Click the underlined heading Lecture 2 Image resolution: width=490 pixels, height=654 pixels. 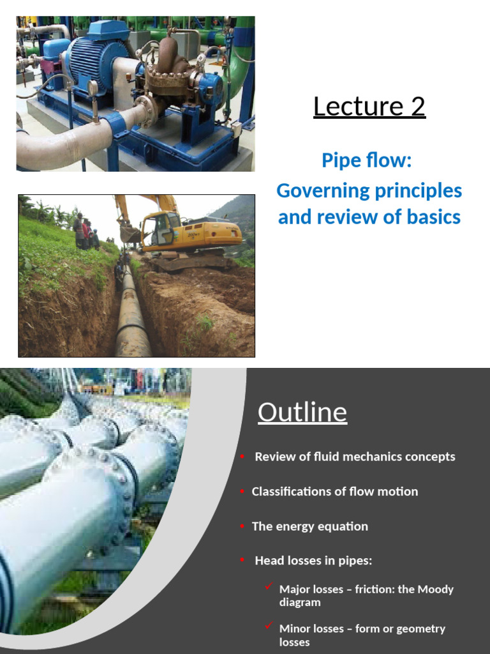click(369, 107)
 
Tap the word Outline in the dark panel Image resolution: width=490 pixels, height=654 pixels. click(302, 413)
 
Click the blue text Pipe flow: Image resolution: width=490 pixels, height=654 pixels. click(367, 160)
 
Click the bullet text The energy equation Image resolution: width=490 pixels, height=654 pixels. click(309, 526)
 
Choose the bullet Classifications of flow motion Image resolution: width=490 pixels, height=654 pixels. click(334, 491)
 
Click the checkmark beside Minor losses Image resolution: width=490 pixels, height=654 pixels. click(269, 625)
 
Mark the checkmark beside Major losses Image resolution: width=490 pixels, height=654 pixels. click(269, 586)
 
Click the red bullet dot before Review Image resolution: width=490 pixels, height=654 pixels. click(242, 457)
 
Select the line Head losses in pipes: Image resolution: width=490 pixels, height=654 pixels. click(313, 561)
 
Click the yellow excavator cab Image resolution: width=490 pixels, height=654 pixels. click(158, 230)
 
